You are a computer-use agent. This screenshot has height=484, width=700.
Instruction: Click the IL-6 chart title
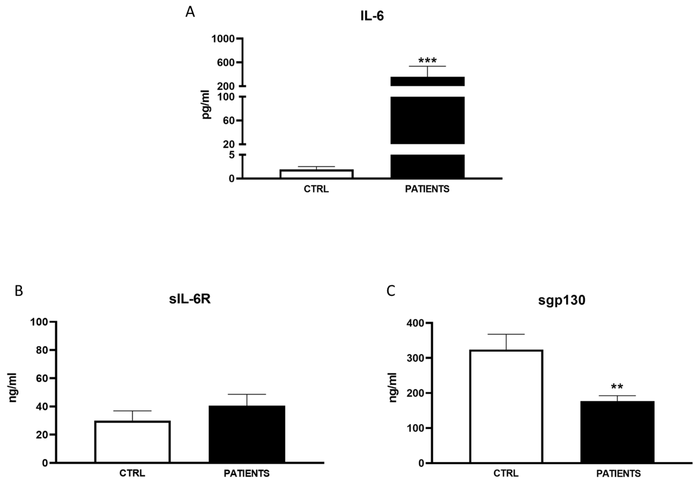(372, 16)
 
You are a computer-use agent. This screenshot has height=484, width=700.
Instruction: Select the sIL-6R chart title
(190, 300)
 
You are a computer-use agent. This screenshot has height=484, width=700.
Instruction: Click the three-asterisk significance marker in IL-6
(428, 60)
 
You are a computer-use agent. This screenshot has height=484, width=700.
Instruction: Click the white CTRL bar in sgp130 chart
(506, 406)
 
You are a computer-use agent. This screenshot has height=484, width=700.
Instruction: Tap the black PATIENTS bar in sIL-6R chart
(247, 434)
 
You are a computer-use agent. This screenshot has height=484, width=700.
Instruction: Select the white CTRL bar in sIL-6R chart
(132, 442)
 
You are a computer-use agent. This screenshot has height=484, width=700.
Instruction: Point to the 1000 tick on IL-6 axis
(223, 39)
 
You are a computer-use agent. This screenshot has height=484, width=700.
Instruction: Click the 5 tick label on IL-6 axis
(232, 155)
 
